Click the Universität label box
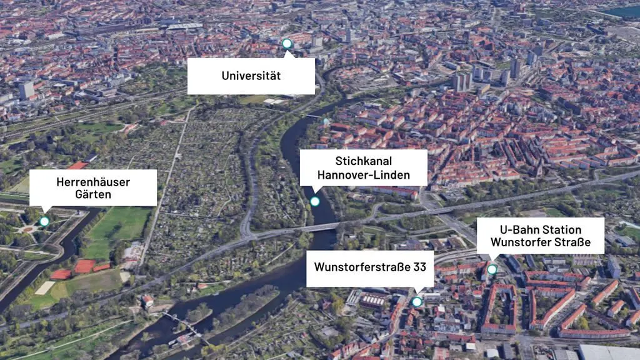point(251,76)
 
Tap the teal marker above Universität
point(287,44)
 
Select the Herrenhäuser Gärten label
point(93,187)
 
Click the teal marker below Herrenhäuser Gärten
point(44,221)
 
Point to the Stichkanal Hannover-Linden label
point(363,167)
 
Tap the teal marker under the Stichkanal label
point(315,201)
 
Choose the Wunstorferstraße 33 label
point(370,267)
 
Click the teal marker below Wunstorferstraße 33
point(417,302)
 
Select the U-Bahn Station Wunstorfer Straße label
point(540,236)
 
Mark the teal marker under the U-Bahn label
point(492,269)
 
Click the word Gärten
point(92,195)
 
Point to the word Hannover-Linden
point(364,175)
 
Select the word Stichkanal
point(363,161)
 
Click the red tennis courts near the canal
point(84,267)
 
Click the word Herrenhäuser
point(93,182)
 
